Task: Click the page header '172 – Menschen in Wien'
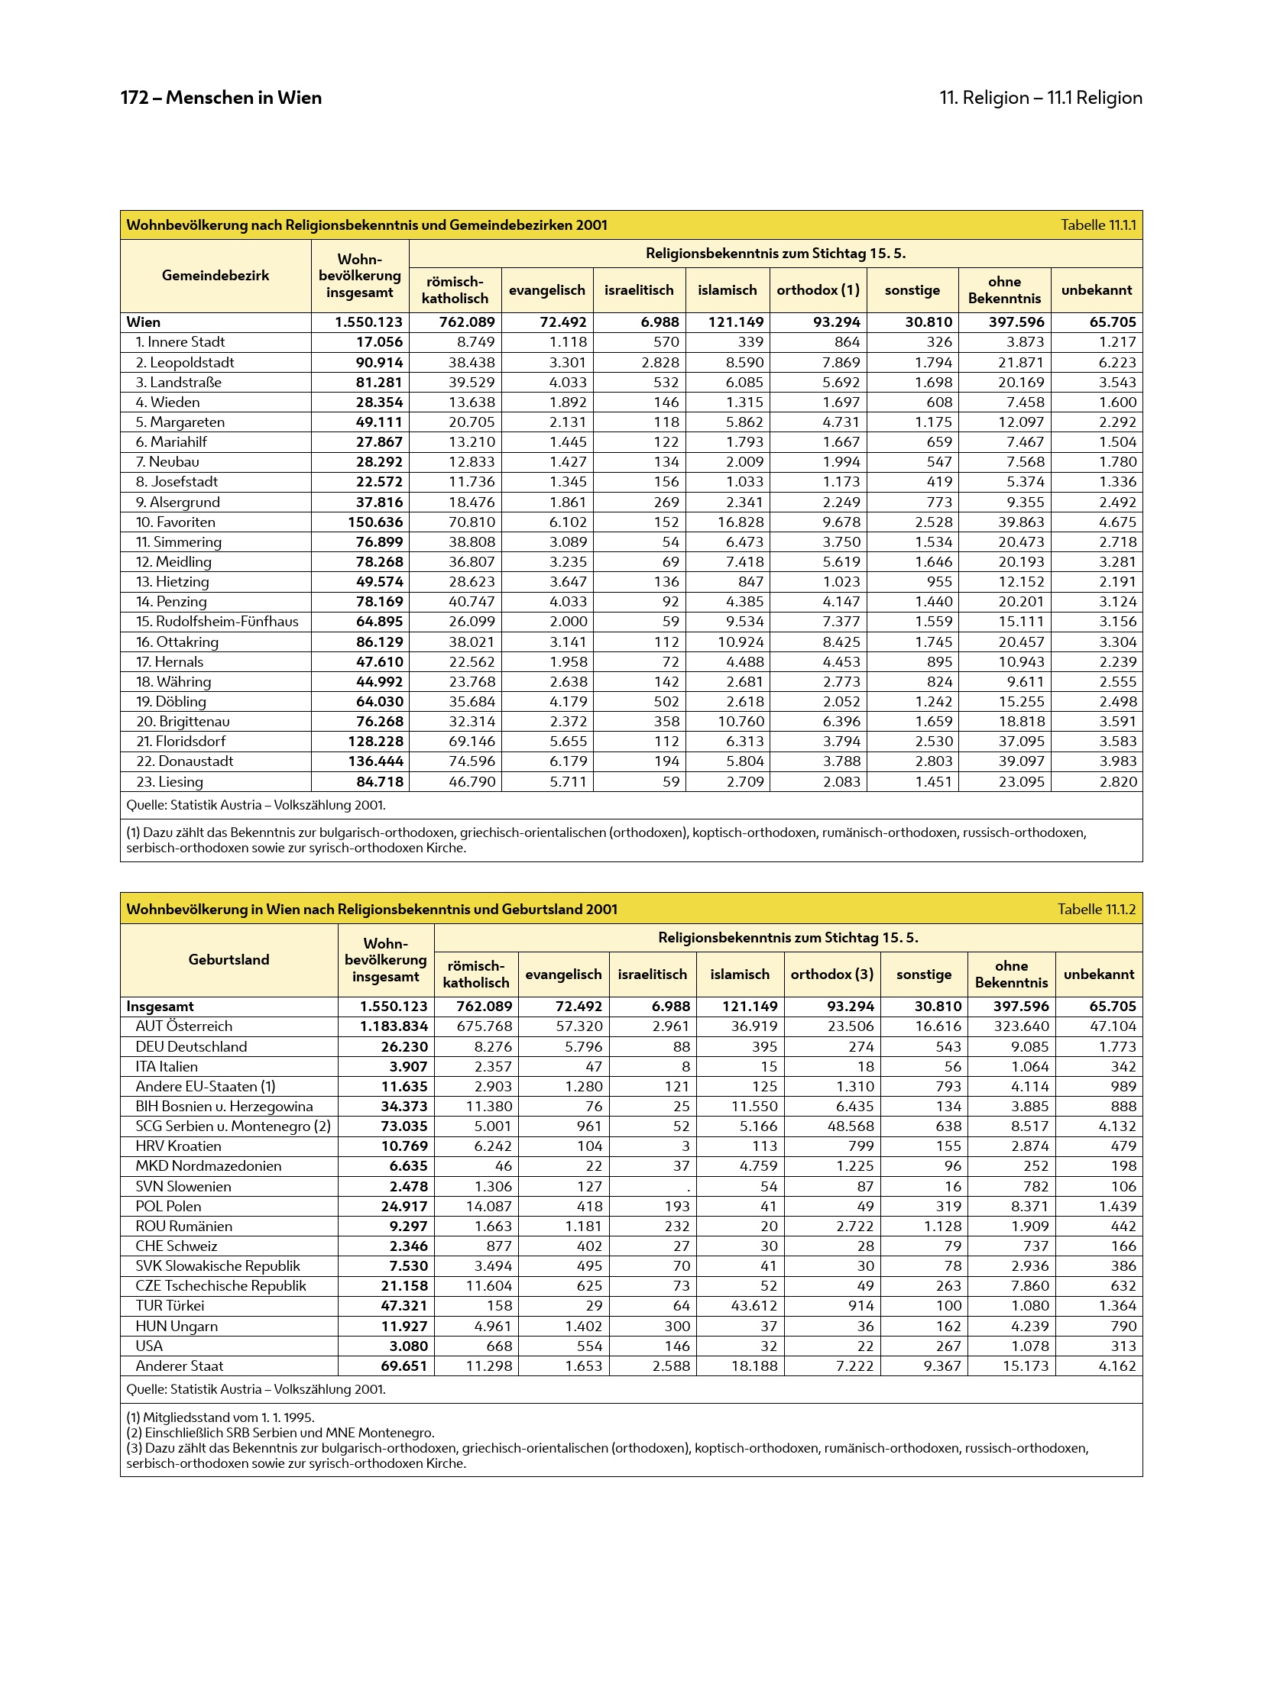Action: [x=221, y=98]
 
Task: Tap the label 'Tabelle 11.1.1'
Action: [x=1098, y=225]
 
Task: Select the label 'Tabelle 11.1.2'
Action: [x=1097, y=909]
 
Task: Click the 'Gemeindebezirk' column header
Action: [x=216, y=276]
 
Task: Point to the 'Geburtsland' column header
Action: [x=228, y=960]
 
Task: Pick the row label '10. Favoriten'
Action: [x=176, y=522]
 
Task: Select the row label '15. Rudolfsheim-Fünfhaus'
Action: [x=217, y=622]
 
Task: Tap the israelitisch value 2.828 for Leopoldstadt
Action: [x=660, y=363]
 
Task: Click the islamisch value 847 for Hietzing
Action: [x=750, y=582]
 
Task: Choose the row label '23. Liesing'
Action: [x=170, y=782]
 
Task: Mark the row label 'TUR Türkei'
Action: [x=170, y=1306]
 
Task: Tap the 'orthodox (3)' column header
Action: [x=831, y=975]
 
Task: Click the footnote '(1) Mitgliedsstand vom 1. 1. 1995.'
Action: [x=220, y=1417]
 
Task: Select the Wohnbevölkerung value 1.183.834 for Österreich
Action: [x=394, y=1026]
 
